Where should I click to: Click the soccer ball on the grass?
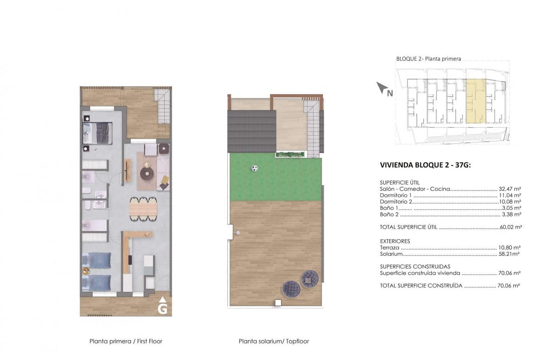(254, 168)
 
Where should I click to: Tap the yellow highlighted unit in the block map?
(476, 101)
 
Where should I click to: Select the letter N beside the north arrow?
(390, 93)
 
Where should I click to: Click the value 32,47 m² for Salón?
(509, 188)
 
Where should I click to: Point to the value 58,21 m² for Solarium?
(509, 254)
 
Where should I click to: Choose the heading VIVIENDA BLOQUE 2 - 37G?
(425, 165)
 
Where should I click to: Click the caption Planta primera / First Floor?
(126, 341)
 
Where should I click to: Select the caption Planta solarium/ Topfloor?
(274, 341)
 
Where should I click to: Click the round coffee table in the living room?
(147, 173)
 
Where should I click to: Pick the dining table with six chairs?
(143, 209)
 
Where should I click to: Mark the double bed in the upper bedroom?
(97, 133)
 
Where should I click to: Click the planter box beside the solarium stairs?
(290, 155)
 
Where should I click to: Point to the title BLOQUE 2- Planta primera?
(428, 59)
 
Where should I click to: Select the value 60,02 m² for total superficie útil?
(511, 227)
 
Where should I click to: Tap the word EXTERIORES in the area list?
(395, 241)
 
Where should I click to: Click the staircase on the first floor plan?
(163, 106)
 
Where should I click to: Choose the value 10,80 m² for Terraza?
(509, 248)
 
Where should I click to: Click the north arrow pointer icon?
(381, 88)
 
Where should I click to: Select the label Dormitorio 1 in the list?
(396, 195)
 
